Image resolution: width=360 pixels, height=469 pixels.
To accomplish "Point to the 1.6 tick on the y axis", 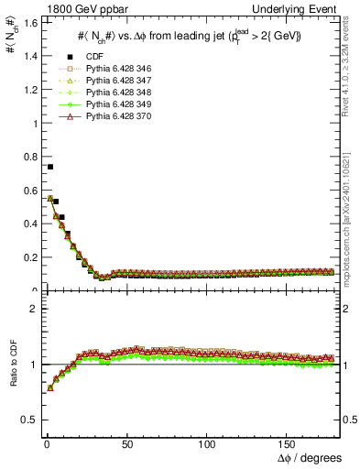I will (x=27, y=22).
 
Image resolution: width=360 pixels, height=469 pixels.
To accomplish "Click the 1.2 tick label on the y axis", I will (x=27, y=89).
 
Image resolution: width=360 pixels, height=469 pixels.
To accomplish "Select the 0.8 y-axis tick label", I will (x=27, y=157).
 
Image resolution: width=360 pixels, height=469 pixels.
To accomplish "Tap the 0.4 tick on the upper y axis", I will (x=27, y=224).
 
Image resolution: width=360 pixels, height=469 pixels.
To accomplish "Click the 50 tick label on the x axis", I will (x=126, y=442).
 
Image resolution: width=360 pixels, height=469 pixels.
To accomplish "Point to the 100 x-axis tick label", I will (x=207, y=442).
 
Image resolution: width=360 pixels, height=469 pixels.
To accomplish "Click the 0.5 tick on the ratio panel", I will (x=27, y=420).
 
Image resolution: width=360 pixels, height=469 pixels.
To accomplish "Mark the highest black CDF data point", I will (x=49, y=167).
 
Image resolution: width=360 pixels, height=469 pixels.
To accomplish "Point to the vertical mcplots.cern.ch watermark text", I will (x=349, y=220).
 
